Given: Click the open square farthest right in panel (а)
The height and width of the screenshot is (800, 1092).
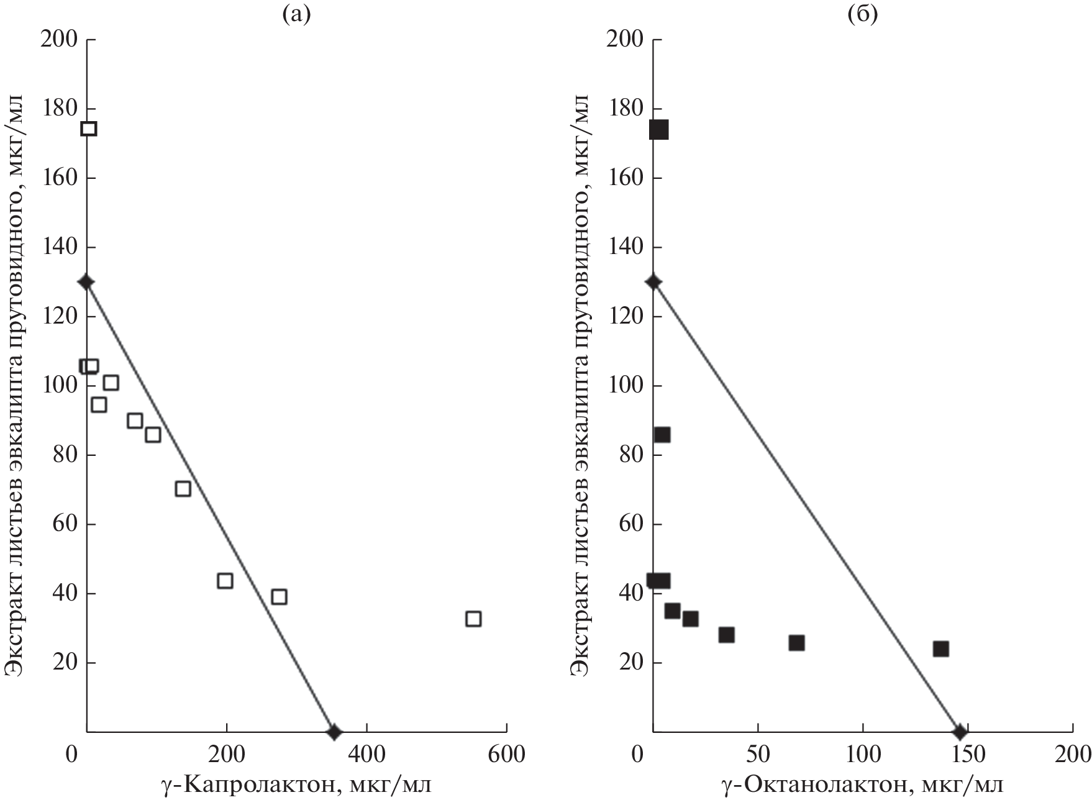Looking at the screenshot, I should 473,619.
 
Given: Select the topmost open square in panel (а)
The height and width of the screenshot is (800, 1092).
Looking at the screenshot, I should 89,129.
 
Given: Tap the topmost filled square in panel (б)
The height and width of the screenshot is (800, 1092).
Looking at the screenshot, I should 658,130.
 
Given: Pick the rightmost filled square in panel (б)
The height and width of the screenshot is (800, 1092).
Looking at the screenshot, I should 940,649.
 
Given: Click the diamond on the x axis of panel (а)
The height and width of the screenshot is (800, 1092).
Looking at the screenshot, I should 334,732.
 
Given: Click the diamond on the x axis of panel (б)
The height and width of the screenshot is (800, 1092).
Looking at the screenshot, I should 960,732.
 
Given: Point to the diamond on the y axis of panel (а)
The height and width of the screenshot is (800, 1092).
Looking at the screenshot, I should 86,282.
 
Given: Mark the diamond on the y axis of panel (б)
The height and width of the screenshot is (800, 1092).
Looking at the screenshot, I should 653,282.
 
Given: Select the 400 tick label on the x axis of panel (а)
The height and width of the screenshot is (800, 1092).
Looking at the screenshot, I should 366,755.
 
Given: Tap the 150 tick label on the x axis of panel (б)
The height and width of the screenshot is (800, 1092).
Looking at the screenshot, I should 968,755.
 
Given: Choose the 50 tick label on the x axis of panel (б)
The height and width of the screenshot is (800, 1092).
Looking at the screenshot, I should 758,755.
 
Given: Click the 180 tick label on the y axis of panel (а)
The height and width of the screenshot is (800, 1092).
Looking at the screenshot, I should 58,109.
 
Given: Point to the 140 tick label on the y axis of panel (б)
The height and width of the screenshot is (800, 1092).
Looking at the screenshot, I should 624,248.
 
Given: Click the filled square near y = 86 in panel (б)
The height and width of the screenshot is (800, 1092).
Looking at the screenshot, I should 662,435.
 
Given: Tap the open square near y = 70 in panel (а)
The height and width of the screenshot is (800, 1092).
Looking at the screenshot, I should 183,489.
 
